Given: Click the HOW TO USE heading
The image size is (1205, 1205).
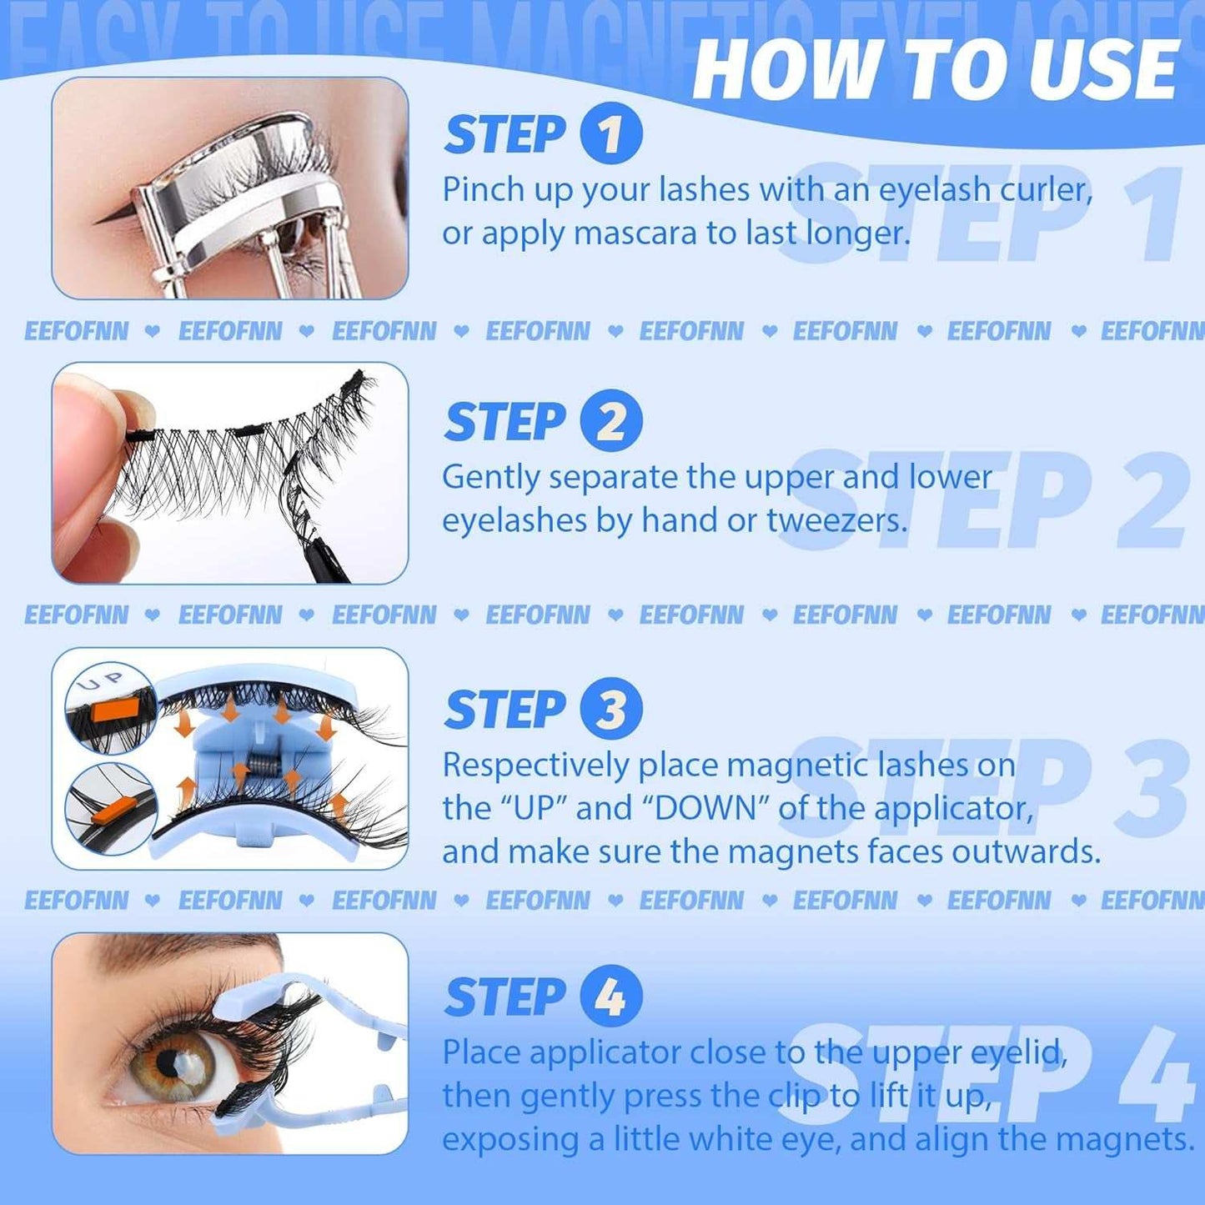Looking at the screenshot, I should tap(935, 70).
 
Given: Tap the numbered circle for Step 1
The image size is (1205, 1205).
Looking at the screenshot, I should tap(610, 133).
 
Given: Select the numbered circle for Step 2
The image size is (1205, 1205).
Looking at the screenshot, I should tap(610, 421).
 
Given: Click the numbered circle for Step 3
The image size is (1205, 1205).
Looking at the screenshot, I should tap(610, 709).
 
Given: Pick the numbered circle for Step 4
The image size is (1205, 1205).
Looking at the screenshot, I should tap(610, 997).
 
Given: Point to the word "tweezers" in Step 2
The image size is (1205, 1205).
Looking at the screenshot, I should tap(835, 521).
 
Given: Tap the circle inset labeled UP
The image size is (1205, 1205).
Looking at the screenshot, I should tap(110, 707).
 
